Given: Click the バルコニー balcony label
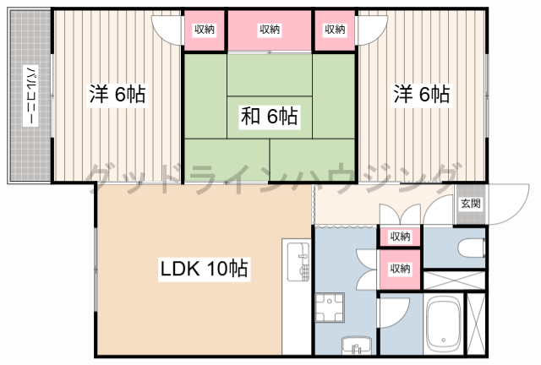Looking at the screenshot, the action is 30,95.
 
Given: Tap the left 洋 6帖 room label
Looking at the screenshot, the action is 117,94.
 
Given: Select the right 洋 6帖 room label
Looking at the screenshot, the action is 422,94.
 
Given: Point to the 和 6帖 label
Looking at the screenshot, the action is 270,117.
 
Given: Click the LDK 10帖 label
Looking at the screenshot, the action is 205,269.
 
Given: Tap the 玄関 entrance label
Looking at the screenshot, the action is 471,204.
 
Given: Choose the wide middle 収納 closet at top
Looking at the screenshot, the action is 270,30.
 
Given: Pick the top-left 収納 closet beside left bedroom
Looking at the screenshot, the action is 205,30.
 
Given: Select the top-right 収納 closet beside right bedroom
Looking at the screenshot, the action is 335,30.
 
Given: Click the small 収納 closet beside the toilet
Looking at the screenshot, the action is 400,237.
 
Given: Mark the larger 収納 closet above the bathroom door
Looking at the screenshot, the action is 400,270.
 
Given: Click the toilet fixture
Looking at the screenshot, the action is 472,248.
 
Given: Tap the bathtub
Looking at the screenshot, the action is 443,324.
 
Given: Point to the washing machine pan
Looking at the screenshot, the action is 330,307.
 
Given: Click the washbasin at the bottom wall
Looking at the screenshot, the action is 357,345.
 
